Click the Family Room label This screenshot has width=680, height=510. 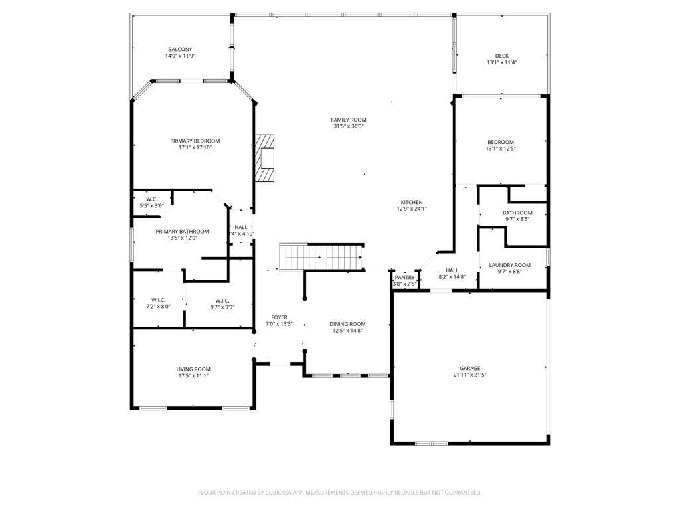349,120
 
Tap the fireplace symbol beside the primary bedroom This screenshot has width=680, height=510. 265,158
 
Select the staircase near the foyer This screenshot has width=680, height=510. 321,257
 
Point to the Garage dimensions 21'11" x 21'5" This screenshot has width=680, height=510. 469,375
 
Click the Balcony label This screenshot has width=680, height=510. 180,50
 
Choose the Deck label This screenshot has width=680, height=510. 501,56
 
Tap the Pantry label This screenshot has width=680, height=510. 404,278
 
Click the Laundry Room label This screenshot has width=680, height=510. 510,265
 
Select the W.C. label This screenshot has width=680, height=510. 151,199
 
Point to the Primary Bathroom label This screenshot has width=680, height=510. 182,232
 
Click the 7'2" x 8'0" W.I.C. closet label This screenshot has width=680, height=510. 158,306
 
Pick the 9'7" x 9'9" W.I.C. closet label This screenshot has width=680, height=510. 222,306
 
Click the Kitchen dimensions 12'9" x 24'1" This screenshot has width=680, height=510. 412,209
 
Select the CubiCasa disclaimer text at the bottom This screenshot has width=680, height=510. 340,493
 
